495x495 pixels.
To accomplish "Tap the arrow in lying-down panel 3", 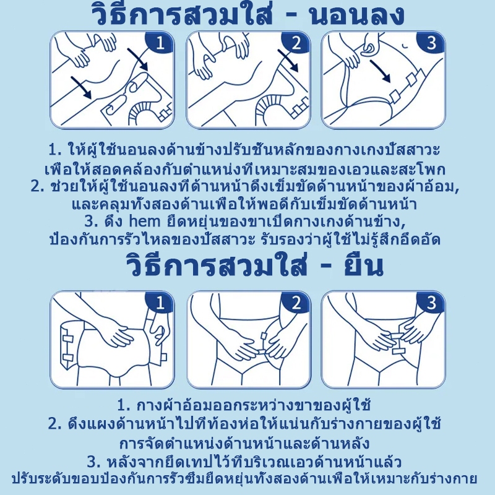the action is [x=381, y=71].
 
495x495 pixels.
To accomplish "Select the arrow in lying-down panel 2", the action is [x=288, y=60].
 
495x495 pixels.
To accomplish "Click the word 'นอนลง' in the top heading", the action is [x=357, y=15].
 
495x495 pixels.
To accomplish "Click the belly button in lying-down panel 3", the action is [x=405, y=46].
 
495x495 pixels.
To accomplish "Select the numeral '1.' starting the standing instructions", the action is [x=124, y=405].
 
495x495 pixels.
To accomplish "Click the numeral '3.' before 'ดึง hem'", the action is [x=92, y=222].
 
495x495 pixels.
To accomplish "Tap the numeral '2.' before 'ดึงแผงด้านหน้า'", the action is [x=55, y=424].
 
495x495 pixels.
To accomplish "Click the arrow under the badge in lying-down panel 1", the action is [x=137, y=59].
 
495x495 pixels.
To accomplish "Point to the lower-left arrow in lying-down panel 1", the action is [x=82, y=87].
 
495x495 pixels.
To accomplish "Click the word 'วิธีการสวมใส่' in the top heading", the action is [x=181, y=14].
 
